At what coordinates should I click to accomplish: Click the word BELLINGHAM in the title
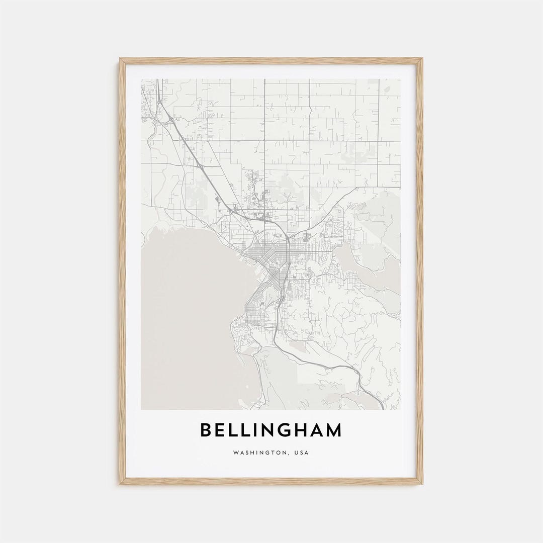(x=271, y=430)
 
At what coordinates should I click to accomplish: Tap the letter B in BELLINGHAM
(x=206, y=430)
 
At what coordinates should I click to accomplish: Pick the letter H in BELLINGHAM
(x=303, y=430)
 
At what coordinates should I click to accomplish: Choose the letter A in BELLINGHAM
(x=317, y=430)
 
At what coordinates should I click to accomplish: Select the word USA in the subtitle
(x=301, y=452)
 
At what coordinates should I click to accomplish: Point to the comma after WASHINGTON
(x=289, y=455)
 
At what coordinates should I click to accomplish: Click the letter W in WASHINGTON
(x=235, y=452)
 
